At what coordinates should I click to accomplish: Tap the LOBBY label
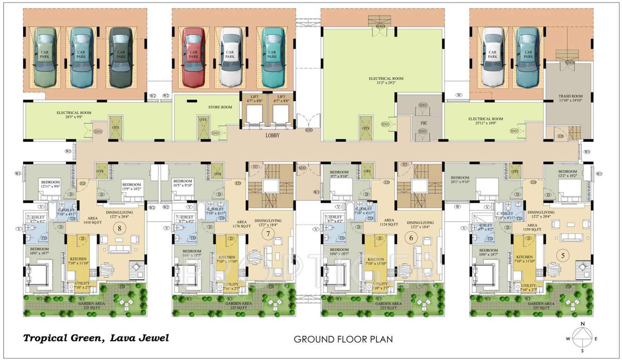tap(272, 135)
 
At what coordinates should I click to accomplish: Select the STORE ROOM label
tap(220, 107)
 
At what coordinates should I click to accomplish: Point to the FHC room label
tap(423, 123)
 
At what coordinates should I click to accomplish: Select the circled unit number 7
tap(268, 234)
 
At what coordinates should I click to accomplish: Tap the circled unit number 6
tap(411, 238)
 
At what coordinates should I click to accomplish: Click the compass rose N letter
tap(582, 324)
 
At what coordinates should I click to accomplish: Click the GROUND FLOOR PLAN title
tap(343, 339)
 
